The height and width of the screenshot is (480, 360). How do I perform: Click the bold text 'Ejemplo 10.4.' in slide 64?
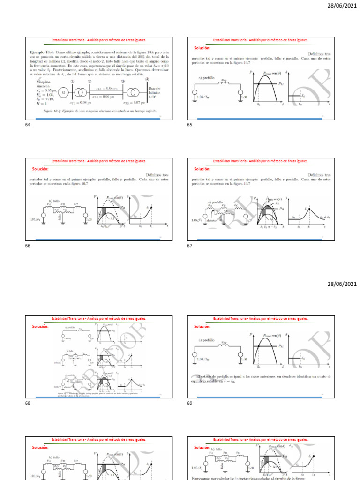pos(41,52)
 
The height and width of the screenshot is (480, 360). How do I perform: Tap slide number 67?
pos(190,245)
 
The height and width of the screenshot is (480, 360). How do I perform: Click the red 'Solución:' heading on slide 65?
pos(202,48)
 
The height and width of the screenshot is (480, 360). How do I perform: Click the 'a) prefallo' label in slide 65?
pos(207,78)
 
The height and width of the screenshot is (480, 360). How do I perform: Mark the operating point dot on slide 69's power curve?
pos(258,346)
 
